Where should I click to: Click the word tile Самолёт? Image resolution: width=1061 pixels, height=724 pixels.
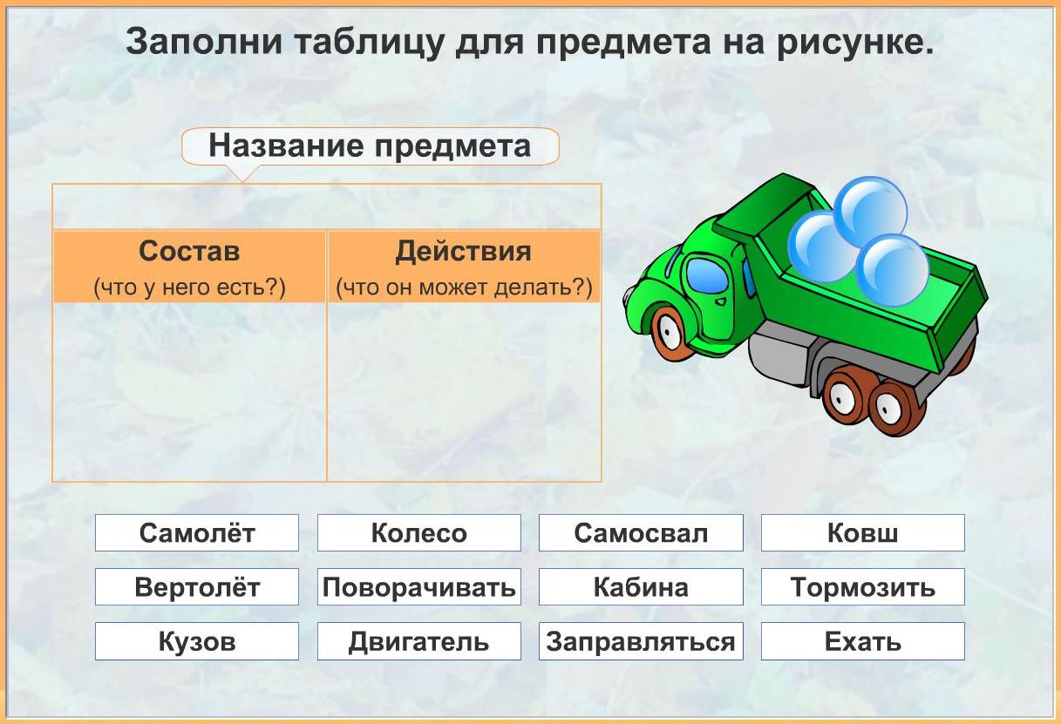pyautogui.click(x=196, y=533)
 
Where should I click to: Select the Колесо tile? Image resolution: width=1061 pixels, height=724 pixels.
pyautogui.click(x=419, y=533)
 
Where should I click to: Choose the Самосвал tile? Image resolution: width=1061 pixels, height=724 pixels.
pyautogui.click(x=641, y=533)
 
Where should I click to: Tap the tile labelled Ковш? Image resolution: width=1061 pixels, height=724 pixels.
pyautogui.click(x=863, y=533)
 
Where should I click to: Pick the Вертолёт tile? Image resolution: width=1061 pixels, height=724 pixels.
pyautogui.click(x=196, y=586)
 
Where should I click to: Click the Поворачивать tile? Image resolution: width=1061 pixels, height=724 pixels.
pyautogui.click(x=419, y=586)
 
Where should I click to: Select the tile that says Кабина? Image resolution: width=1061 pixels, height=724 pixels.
pyautogui.click(x=641, y=586)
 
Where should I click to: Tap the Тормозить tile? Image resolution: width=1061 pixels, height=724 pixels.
pyautogui.click(x=863, y=586)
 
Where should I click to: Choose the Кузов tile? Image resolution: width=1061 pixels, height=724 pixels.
pyautogui.click(x=196, y=641)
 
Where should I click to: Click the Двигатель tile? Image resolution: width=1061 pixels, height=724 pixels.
pyautogui.click(x=419, y=641)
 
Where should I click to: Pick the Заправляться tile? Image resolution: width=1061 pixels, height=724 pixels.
pyautogui.click(x=641, y=641)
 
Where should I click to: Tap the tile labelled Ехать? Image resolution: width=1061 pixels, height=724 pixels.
pyautogui.click(x=863, y=641)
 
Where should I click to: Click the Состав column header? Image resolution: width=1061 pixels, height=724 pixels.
pyautogui.click(x=189, y=267)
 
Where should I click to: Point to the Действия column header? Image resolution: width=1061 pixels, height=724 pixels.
pyautogui.click(x=464, y=267)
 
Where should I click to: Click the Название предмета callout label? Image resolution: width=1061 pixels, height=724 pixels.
pyautogui.click(x=370, y=145)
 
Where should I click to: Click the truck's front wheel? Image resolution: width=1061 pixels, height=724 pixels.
pyautogui.click(x=672, y=333)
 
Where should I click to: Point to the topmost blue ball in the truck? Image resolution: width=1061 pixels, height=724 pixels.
pyautogui.click(x=871, y=211)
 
